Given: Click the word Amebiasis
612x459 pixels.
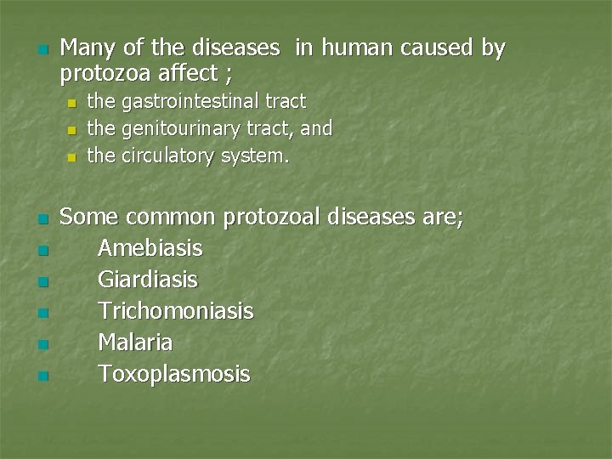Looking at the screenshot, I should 150,248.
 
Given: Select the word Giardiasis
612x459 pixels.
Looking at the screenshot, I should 148,280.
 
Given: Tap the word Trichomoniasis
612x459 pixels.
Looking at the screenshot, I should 176,311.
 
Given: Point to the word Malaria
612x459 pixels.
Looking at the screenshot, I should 135,343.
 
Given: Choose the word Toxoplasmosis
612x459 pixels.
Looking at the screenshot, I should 174,374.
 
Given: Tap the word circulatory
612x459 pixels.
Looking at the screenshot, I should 167,156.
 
